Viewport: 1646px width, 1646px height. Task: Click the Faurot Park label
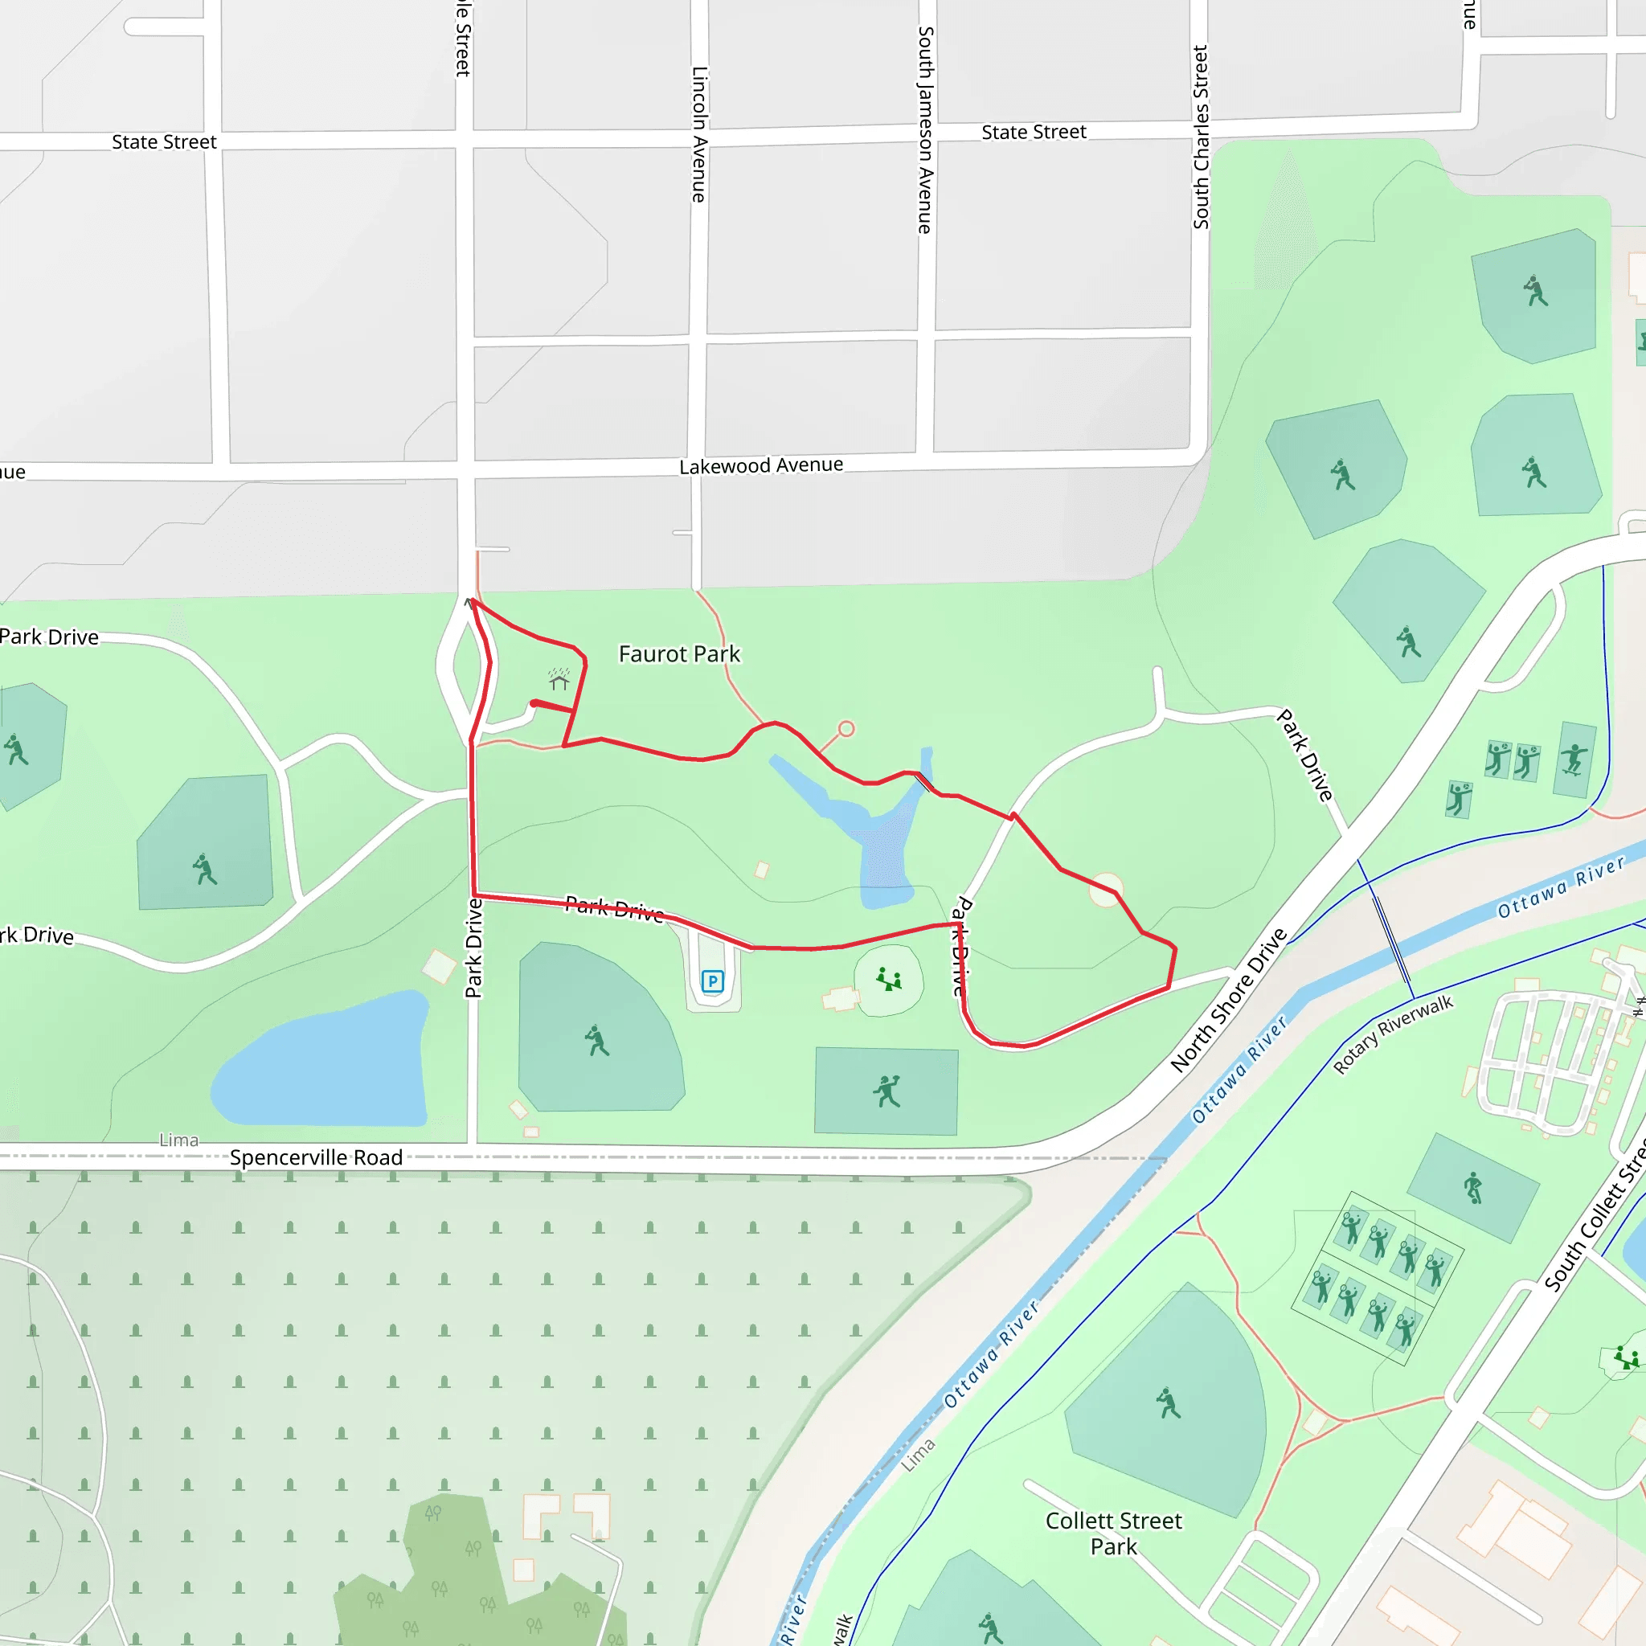click(x=679, y=653)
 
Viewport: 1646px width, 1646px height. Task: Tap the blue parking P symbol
click(x=712, y=981)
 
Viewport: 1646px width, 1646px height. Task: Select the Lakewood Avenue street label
click(x=761, y=465)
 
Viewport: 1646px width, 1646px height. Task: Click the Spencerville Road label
click(x=316, y=1157)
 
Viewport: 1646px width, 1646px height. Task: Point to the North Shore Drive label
click(x=1228, y=999)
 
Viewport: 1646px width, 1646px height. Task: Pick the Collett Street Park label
click(x=1113, y=1533)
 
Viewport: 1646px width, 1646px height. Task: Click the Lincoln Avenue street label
click(x=699, y=134)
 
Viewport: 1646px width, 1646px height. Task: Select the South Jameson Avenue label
click(x=925, y=129)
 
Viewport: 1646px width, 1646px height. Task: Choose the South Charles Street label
click(x=1201, y=137)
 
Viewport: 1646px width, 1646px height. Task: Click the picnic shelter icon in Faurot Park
click(x=559, y=679)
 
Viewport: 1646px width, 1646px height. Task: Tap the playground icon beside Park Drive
click(x=889, y=979)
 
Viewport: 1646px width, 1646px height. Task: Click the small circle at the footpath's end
click(x=846, y=728)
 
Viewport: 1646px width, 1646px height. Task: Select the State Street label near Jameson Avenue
click(x=1034, y=132)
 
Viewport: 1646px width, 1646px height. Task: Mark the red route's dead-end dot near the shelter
click(x=534, y=703)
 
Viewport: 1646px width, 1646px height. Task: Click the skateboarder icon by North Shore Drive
click(x=1573, y=758)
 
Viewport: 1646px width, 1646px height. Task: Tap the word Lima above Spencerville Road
click(x=179, y=1140)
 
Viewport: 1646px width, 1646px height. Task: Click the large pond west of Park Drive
click(x=324, y=1062)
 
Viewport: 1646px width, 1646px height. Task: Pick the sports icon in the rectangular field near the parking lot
click(x=886, y=1091)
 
